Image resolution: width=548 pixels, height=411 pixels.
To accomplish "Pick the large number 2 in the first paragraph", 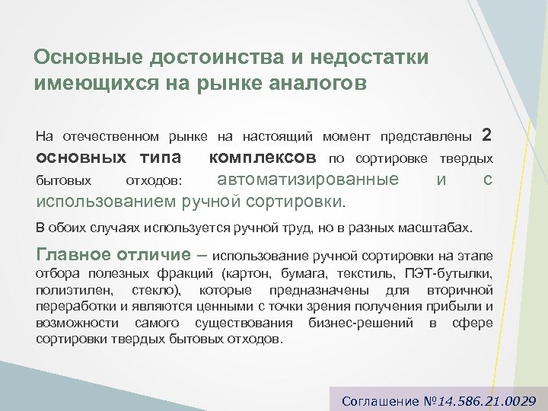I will click(487, 135).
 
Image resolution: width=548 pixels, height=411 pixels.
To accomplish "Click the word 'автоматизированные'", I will click(307, 180).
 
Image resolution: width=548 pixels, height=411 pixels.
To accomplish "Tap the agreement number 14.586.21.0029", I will click(492, 400).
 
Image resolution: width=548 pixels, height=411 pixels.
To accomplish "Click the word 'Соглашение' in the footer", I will click(378, 400).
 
